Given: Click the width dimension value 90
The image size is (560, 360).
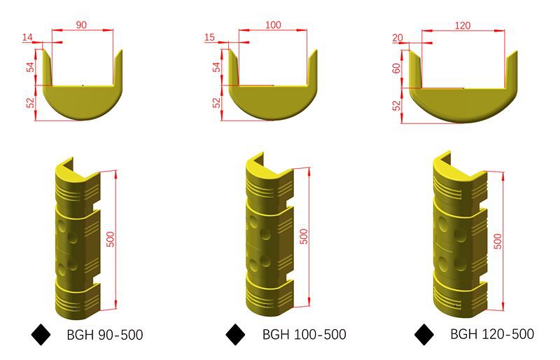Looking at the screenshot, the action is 81,25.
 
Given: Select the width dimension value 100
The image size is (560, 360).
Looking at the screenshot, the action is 273,25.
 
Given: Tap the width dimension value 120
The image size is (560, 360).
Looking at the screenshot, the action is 463,25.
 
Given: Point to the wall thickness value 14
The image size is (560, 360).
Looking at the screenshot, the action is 27,37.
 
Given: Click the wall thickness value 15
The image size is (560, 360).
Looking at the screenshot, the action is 209,37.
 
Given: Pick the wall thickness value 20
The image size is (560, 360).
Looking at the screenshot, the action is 397,38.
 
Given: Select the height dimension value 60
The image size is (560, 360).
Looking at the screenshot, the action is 396,68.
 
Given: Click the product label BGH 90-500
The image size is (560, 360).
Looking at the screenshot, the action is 105,335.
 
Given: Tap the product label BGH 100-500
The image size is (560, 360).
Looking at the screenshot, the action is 304,334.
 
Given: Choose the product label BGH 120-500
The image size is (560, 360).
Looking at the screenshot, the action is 492,334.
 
